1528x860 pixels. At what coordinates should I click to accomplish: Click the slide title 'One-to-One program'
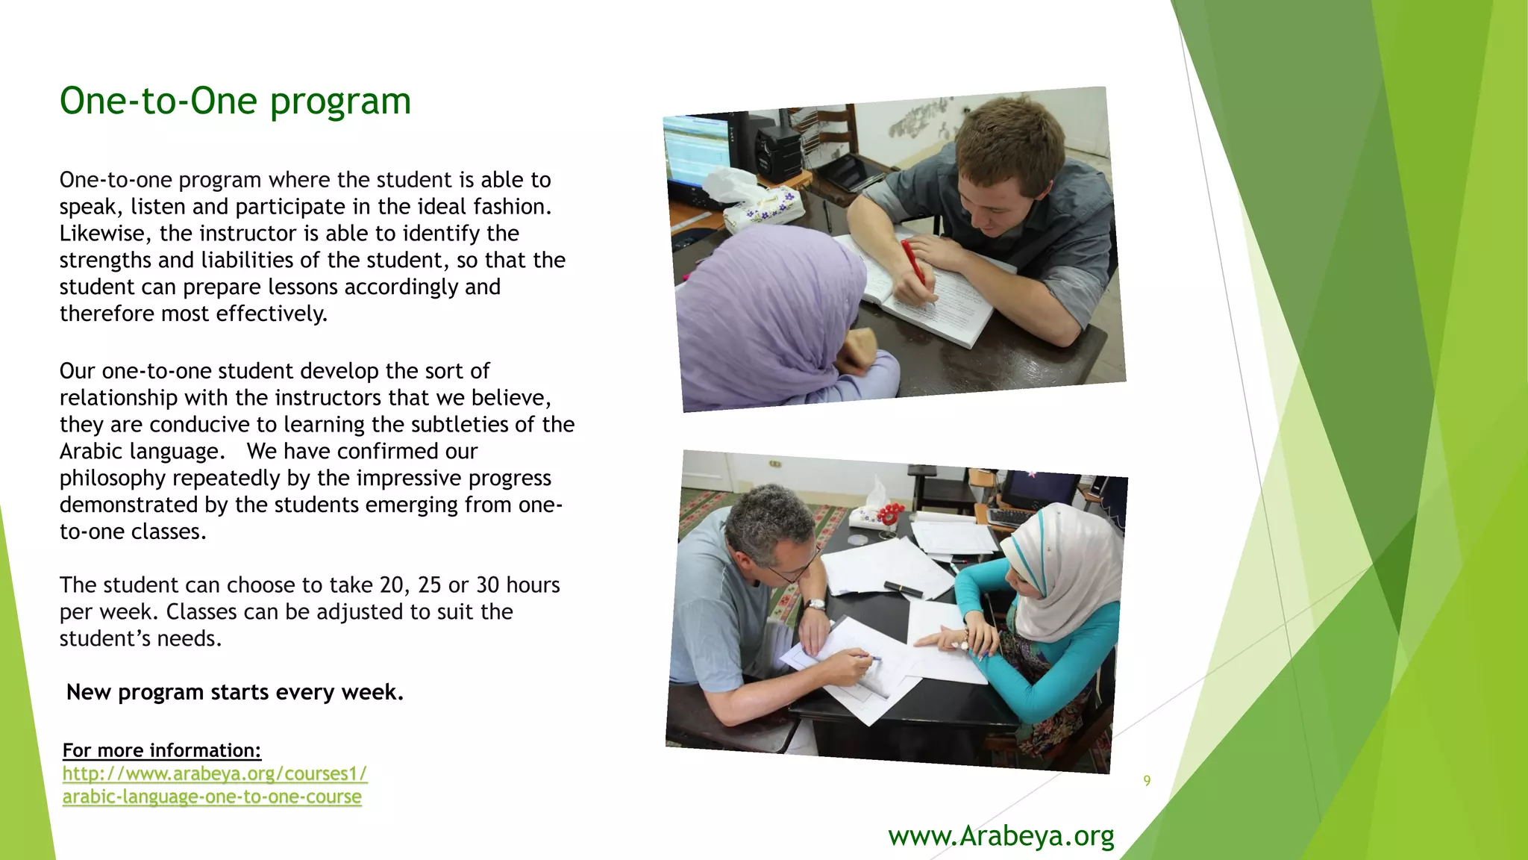(x=235, y=101)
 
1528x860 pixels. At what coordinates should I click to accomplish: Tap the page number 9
(x=1147, y=781)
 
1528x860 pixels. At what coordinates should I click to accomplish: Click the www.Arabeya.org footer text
(x=1001, y=836)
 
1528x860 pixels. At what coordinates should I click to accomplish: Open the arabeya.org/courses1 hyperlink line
(x=215, y=773)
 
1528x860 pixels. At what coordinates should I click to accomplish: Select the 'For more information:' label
(x=162, y=750)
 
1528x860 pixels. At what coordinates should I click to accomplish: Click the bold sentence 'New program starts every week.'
(x=235, y=692)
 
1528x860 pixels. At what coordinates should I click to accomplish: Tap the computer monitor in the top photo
(x=695, y=149)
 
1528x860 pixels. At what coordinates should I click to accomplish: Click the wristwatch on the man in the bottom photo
(x=815, y=605)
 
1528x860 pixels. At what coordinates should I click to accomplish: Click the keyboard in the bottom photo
(x=1011, y=516)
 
